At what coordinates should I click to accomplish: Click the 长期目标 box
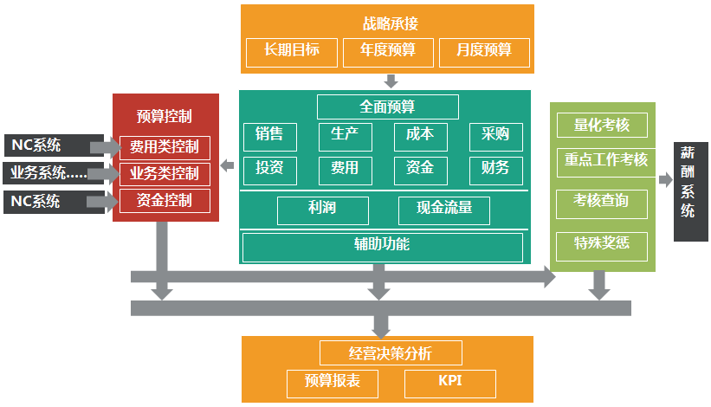tap(292, 51)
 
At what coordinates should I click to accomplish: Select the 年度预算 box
tap(388, 51)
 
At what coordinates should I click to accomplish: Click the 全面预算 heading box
tap(387, 107)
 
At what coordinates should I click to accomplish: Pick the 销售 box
tap(269, 136)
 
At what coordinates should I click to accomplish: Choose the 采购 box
tap(495, 136)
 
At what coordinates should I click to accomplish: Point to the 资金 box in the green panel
tap(420, 168)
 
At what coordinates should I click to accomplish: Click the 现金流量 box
tap(445, 210)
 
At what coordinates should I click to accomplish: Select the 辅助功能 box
tap(382, 246)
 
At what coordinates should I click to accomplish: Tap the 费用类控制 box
tap(165, 147)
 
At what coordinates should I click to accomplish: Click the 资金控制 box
tap(165, 202)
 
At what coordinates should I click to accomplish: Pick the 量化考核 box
tap(601, 125)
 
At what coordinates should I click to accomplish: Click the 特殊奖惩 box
tap(601, 246)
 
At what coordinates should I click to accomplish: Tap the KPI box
tap(450, 383)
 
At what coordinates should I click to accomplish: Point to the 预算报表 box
tap(333, 383)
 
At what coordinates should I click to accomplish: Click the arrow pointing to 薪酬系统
tap(665, 180)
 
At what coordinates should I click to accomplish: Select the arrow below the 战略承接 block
tap(391, 81)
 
